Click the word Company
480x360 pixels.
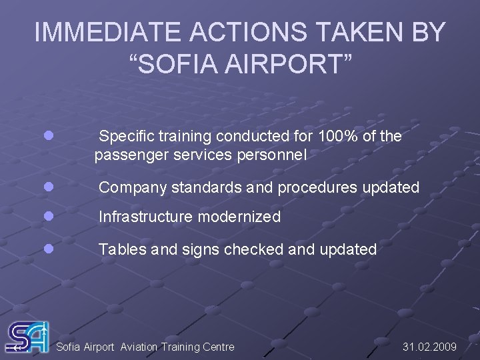[133, 188]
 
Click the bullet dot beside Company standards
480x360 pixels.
[48, 187]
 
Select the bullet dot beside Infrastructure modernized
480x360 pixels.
[48, 216]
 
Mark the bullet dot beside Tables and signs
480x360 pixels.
[48, 249]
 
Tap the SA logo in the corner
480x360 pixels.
[27, 337]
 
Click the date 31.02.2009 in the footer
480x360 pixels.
[430, 347]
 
